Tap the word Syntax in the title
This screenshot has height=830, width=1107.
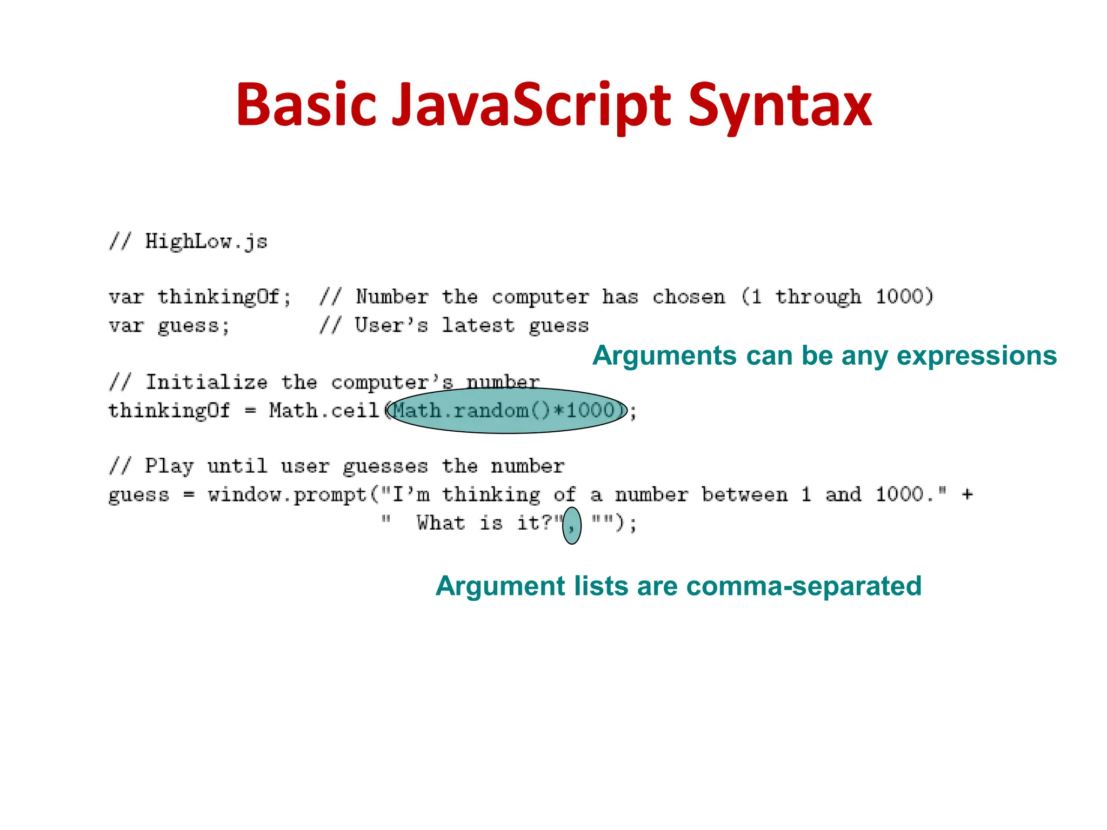(x=779, y=105)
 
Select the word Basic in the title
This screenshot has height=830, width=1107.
(x=306, y=105)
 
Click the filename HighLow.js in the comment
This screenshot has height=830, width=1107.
(x=206, y=242)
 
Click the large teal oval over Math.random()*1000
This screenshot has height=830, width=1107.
(x=507, y=411)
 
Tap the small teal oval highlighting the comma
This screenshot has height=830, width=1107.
(x=572, y=525)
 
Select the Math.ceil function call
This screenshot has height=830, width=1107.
(x=324, y=411)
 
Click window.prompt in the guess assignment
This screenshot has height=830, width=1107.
(x=287, y=494)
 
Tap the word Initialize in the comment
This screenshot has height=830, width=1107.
(x=206, y=383)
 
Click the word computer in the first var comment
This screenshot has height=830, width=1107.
(x=540, y=297)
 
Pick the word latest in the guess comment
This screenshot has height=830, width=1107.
(x=478, y=325)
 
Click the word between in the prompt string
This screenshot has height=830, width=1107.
(x=744, y=494)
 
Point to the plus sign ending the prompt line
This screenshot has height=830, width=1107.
(x=968, y=494)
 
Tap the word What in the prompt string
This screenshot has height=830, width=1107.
(x=441, y=523)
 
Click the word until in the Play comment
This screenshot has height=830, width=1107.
(x=237, y=466)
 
